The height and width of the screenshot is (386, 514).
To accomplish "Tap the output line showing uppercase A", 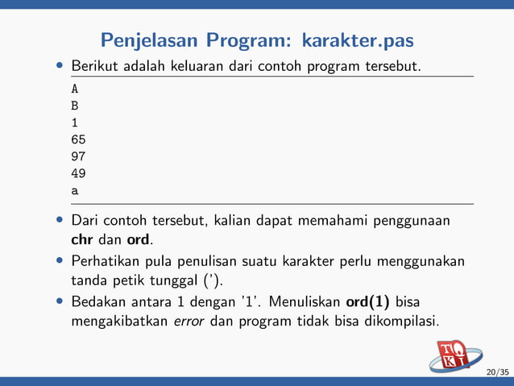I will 75,87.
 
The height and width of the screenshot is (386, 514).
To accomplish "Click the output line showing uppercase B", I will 75,105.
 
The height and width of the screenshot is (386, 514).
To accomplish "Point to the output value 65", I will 78,139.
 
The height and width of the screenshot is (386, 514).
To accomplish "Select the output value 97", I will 78,156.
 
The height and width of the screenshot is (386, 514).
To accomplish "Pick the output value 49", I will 78,173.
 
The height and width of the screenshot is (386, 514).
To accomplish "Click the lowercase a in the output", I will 75,192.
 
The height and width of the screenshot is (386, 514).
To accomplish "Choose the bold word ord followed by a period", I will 139,240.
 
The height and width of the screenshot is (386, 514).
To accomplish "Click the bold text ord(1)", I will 368,302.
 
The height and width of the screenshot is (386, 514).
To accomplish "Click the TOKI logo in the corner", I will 454,355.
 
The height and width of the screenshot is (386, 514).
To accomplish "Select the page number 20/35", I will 498,372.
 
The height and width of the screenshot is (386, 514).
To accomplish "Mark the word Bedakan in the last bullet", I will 98,302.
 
